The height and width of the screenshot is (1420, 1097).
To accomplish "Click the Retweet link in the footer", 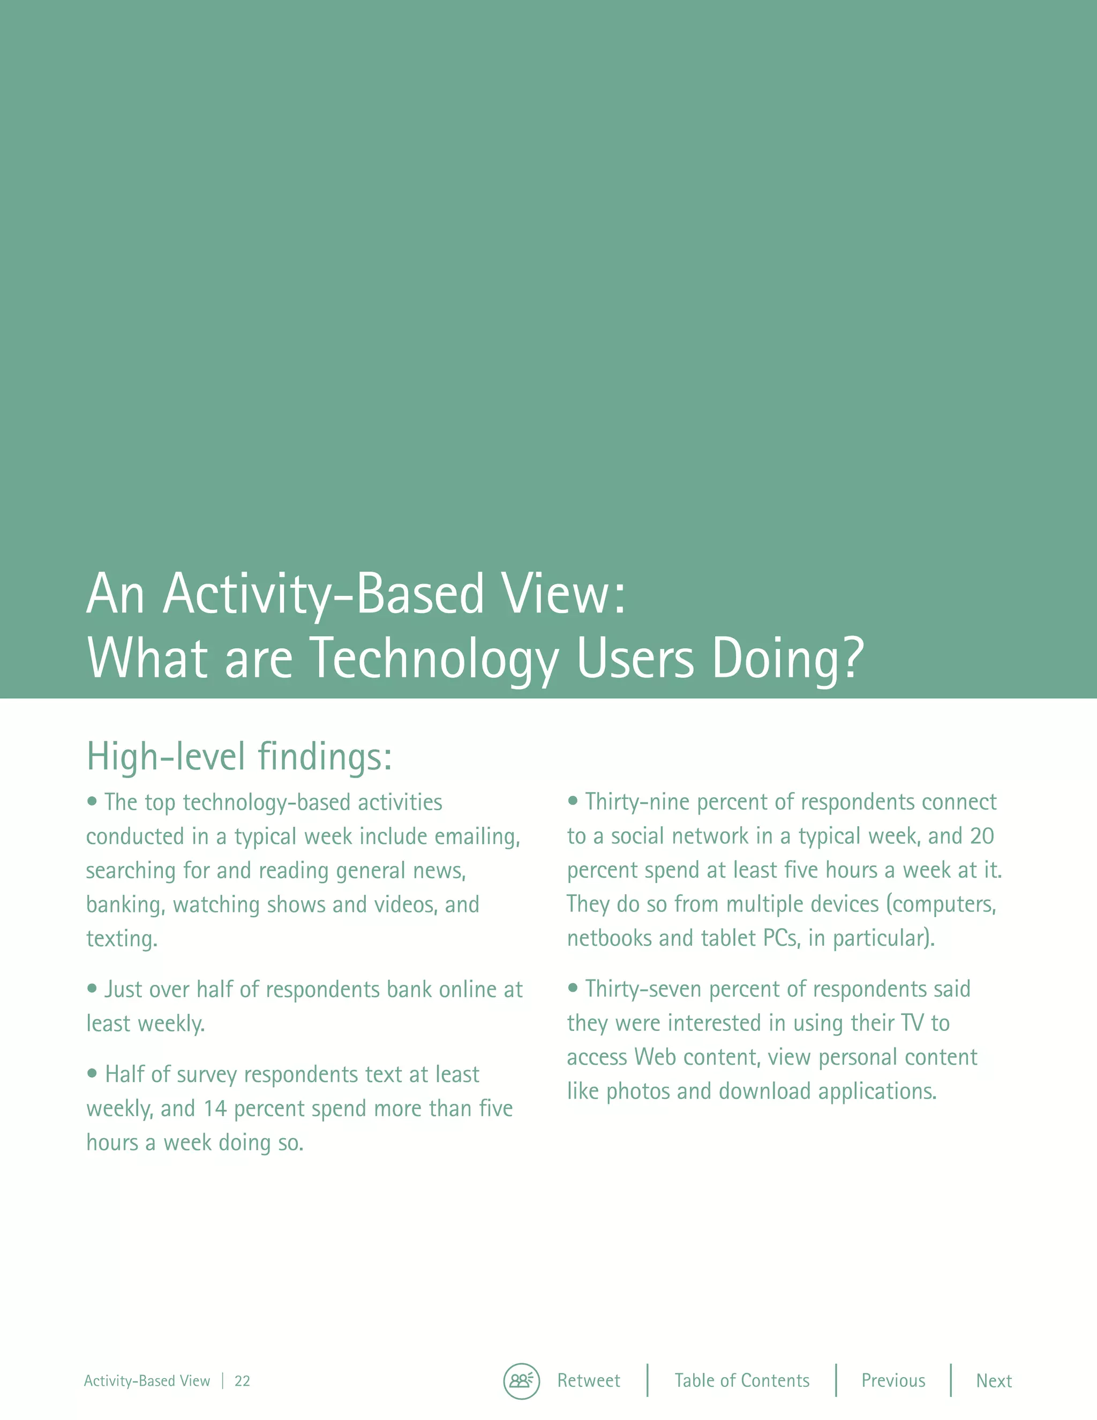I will (x=588, y=1380).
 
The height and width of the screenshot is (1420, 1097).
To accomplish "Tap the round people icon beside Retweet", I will (x=521, y=1381).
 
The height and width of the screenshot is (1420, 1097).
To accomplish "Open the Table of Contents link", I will (x=741, y=1380).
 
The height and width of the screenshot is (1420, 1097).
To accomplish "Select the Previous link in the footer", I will (x=893, y=1380).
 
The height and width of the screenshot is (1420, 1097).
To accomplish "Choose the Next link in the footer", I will (x=994, y=1380).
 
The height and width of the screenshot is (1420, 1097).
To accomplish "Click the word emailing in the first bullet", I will (x=477, y=837).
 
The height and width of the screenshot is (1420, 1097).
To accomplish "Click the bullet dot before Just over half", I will (x=92, y=988).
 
